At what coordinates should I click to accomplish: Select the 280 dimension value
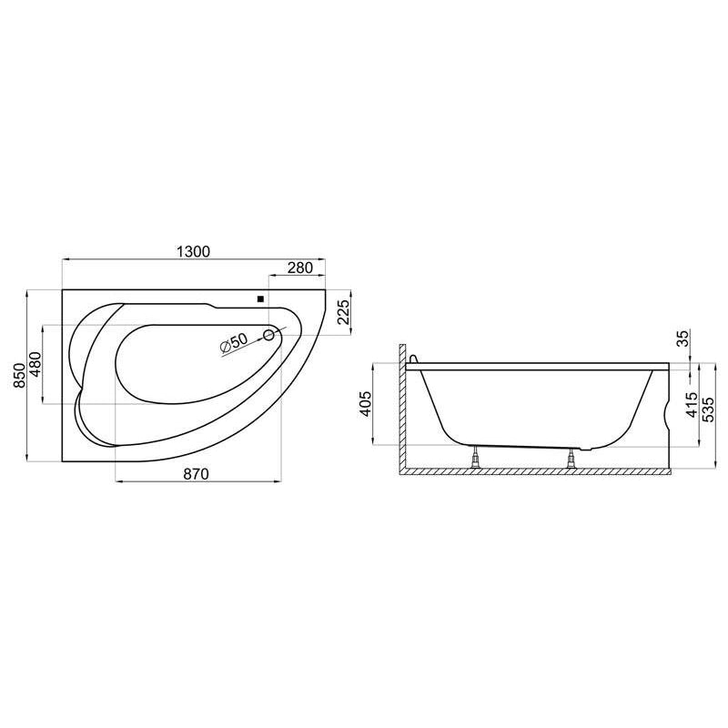click(299, 268)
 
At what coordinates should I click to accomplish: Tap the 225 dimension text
click(343, 313)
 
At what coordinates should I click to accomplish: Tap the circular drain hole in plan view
click(269, 336)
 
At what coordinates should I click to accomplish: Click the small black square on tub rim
click(260, 298)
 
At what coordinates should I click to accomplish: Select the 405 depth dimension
click(365, 403)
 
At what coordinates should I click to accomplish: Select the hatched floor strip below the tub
click(537, 470)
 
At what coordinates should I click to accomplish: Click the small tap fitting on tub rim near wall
click(415, 359)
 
